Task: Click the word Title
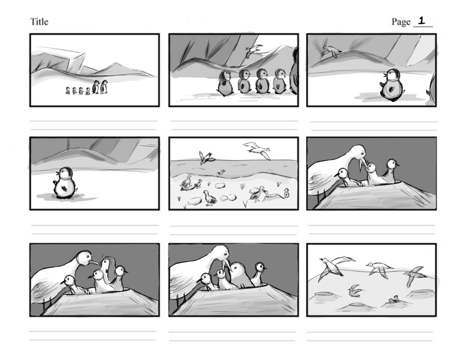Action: pyautogui.click(x=39, y=22)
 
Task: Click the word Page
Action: pyautogui.click(x=401, y=22)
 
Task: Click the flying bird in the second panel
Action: pyautogui.click(x=253, y=50)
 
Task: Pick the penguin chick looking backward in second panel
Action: pyautogui.click(x=226, y=83)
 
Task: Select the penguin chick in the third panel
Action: pyautogui.click(x=391, y=85)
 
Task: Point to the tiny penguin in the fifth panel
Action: pyautogui.click(x=286, y=193)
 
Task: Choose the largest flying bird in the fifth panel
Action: pyautogui.click(x=258, y=150)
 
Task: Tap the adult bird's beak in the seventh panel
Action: pyautogui.click(x=94, y=263)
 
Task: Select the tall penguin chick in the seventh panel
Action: pyautogui.click(x=109, y=274)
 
